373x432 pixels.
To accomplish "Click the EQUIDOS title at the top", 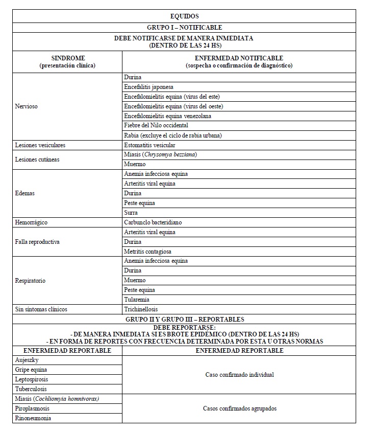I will [184, 16].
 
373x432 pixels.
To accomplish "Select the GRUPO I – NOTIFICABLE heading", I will [184, 27].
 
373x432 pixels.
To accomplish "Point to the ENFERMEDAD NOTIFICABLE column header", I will [239, 62].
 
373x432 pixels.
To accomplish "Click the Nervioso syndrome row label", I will [27, 106].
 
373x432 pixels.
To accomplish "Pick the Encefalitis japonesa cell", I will [148, 87].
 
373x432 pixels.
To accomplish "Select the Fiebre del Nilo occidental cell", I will [156, 125].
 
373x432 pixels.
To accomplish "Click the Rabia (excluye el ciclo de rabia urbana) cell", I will [172, 135].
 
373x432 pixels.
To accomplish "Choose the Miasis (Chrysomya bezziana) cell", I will [160, 154].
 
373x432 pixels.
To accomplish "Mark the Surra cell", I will [131, 213].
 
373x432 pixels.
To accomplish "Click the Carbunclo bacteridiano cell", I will [153, 222].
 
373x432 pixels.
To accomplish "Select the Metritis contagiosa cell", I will [147, 252].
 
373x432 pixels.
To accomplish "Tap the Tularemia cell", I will [136, 300].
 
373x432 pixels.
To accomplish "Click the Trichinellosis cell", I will [141, 309].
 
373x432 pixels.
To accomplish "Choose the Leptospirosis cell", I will [33, 379].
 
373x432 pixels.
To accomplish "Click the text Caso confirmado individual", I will [239, 375].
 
